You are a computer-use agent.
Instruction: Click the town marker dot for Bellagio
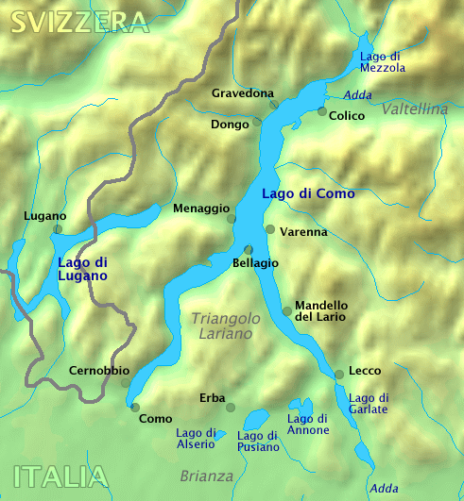tap(249, 249)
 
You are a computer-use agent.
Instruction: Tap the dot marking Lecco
tap(338, 375)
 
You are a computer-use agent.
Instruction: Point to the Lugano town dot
tap(58, 228)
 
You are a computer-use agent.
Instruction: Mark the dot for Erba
tap(231, 407)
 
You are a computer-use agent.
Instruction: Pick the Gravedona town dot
tap(274, 104)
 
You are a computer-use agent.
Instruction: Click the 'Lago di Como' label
tap(308, 193)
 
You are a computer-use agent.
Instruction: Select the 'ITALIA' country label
tap(59, 476)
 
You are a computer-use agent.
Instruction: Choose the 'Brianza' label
tap(206, 476)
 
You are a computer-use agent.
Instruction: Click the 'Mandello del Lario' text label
tap(321, 311)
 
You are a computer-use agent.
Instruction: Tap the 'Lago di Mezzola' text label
tap(383, 61)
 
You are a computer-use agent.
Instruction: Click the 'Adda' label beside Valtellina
tap(357, 94)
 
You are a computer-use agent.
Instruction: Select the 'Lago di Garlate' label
tap(369, 404)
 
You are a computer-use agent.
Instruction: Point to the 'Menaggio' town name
tap(201, 208)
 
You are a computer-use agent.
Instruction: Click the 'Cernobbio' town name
tap(99, 371)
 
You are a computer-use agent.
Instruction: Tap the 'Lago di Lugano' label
tap(82, 269)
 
